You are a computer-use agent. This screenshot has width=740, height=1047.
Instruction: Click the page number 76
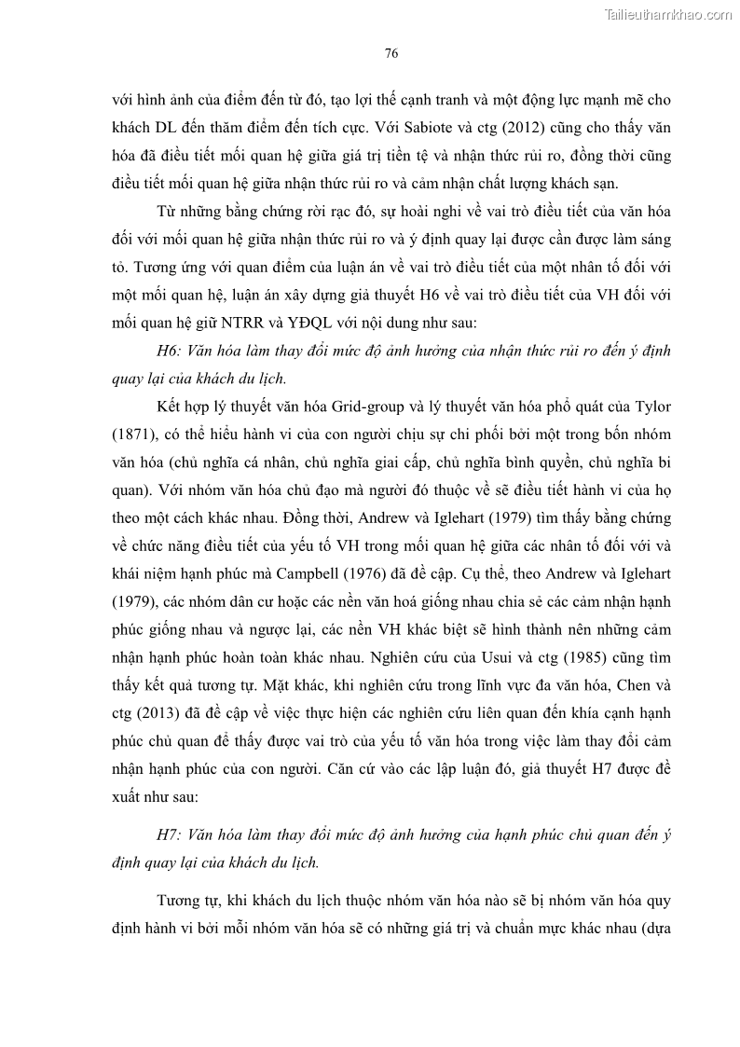[x=391, y=53]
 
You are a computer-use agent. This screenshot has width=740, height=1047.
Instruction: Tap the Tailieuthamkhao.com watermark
[x=669, y=14]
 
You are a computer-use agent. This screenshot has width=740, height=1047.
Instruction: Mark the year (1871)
[x=133, y=434]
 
